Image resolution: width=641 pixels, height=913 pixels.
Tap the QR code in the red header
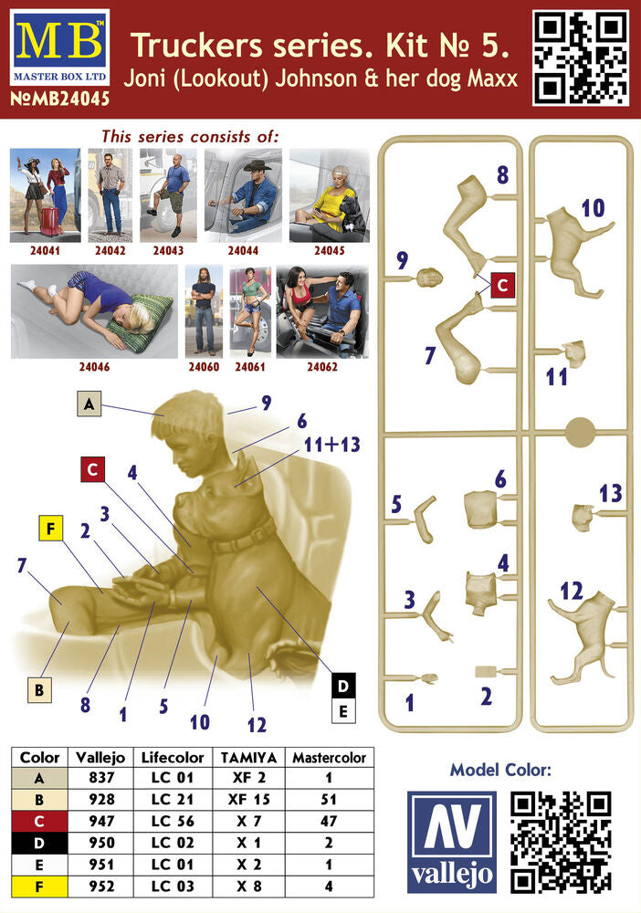click(x=581, y=58)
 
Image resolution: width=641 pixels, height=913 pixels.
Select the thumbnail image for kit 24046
click(x=94, y=311)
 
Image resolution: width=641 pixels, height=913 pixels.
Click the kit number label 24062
click(x=322, y=367)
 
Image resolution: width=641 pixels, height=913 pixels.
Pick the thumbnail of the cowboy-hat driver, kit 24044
click(x=244, y=195)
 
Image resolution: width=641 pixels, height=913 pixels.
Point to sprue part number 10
click(x=593, y=208)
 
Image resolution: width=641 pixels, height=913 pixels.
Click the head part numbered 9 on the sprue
click(x=430, y=278)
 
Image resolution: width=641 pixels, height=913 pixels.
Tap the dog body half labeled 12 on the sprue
click(x=583, y=636)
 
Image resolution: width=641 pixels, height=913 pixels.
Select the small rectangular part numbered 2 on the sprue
click(x=484, y=671)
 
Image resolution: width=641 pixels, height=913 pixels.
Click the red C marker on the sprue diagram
click(x=502, y=285)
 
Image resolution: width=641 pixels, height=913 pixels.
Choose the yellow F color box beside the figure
click(x=50, y=528)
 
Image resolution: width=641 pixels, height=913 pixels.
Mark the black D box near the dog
click(x=343, y=686)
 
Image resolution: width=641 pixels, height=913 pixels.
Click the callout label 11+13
click(x=331, y=445)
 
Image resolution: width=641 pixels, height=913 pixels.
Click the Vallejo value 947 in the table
click(x=101, y=821)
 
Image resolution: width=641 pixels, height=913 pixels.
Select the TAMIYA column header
click(x=248, y=758)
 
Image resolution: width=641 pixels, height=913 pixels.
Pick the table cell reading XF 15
click(x=248, y=800)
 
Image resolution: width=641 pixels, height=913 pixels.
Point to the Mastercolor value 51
click(x=329, y=800)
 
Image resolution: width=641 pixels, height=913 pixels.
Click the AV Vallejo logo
click(x=452, y=842)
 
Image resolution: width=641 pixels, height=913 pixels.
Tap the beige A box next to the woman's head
click(x=89, y=404)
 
